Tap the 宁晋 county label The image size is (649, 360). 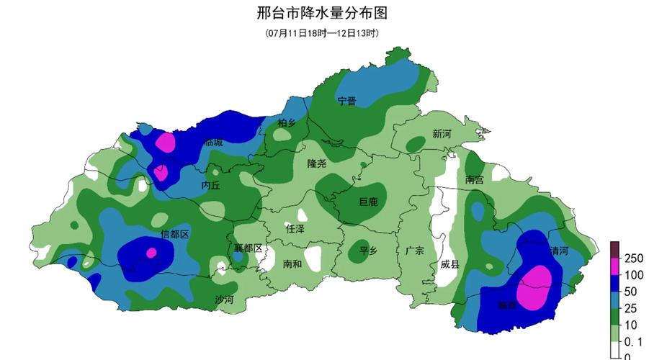click(347, 101)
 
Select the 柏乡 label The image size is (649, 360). click(287, 123)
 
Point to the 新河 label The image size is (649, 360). click(442, 134)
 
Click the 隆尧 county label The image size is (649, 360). click(317, 163)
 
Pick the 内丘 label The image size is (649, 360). click(210, 185)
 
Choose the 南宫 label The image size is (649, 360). click(475, 180)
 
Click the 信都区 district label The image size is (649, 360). click(174, 234)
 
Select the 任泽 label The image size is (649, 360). click(295, 229)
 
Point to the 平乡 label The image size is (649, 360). click(369, 251)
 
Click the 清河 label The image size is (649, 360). click(559, 251)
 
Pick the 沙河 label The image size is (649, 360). click(224, 299)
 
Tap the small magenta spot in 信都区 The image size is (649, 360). click(151, 253)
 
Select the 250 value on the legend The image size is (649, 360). click(632, 258)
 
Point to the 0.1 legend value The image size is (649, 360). click(634, 341)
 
